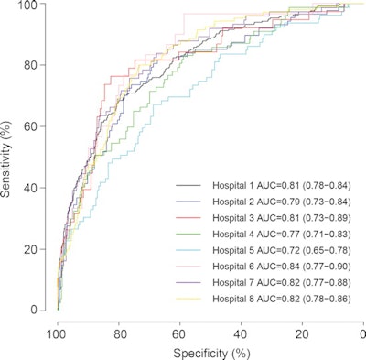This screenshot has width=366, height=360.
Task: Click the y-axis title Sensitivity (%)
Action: point(9,158)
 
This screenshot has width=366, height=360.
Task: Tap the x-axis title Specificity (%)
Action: point(210,352)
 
